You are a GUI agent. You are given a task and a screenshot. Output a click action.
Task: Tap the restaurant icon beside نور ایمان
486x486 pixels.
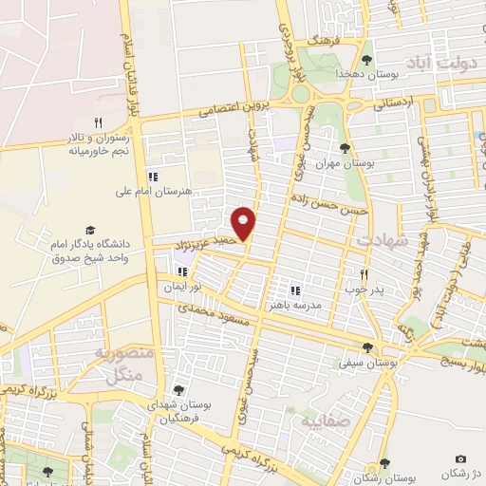[181, 271]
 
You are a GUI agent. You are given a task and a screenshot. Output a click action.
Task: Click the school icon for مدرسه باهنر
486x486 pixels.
[294, 290]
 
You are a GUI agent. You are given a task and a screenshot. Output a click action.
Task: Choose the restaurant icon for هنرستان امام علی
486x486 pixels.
[151, 176]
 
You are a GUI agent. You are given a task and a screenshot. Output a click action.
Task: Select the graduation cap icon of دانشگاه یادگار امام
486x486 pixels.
[90, 230]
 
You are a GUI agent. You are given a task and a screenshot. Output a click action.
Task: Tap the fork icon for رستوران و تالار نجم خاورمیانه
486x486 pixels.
[97, 122]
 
